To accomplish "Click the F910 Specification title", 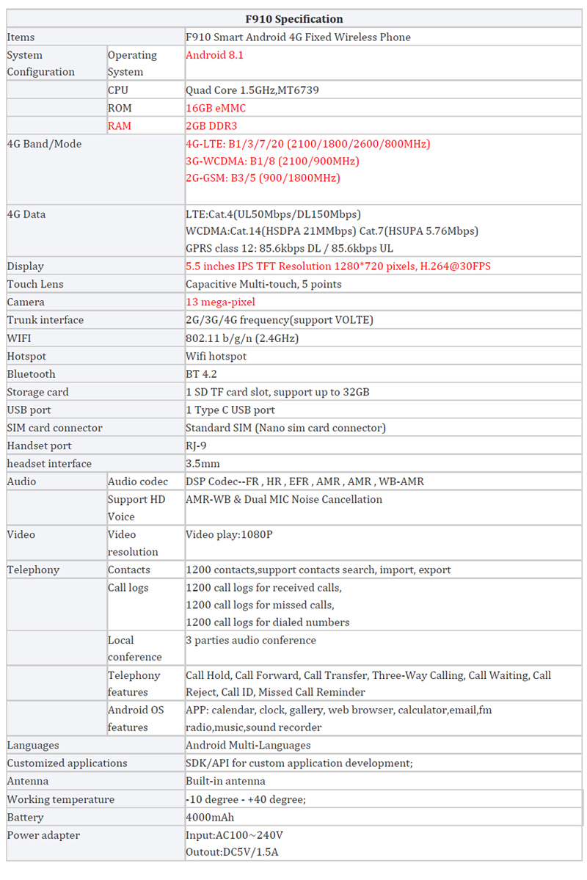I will point(293,19).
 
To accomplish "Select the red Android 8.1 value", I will point(214,55).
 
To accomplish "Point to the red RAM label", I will point(120,126).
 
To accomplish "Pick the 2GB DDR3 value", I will point(211,126).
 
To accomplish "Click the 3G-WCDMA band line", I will point(272,161).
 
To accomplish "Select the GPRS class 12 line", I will point(289,249).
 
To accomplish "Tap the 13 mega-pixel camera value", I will point(220,302).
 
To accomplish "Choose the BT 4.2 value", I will point(202,374).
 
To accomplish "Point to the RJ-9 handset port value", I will point(196,446).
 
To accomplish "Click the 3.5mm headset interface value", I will point(203,464).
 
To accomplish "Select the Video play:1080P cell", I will point(229,535).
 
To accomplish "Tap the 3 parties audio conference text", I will point(251,641).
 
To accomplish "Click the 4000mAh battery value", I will point(210,818).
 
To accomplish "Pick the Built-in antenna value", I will point(225,782).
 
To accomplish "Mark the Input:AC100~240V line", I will point(234,835).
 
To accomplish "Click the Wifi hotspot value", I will point(216,357).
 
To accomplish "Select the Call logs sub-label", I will point(128,588).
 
